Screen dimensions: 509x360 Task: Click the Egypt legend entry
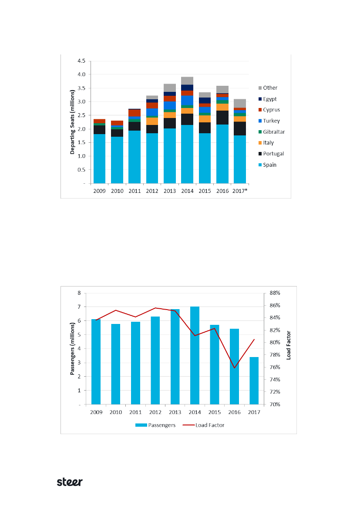pos(270,99)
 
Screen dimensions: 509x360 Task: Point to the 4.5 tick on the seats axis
pos(81,61)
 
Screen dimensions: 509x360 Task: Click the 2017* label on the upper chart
pos(240,190)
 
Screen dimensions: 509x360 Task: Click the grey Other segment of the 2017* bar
pos(240,103)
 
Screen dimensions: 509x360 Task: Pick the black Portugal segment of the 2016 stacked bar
pos(222,118)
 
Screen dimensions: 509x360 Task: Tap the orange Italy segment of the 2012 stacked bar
pos(152,121)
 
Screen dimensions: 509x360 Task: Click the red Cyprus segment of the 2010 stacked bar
pos(117,123)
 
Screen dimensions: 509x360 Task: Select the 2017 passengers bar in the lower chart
pos(254,381)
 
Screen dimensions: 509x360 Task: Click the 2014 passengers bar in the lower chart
pos(195,355)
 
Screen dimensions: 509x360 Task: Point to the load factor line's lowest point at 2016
pos(234,367)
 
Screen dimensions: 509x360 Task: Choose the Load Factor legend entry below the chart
pos(207,425)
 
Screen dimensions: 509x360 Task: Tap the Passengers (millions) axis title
pos(72,348)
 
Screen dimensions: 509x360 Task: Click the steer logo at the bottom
pos(70,482)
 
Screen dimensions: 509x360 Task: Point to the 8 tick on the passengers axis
pos(79,293)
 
